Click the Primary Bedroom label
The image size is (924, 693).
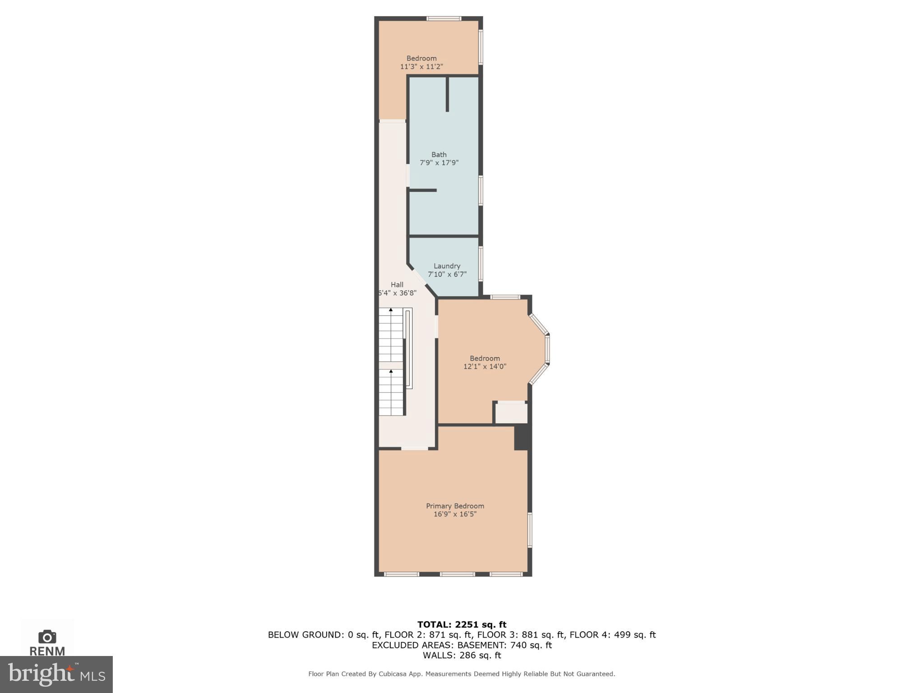(455, 506)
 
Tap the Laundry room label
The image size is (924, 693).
(447, 266)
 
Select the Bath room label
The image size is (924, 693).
(439, 154)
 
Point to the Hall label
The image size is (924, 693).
(397, 284)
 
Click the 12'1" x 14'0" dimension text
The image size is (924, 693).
(485, 366)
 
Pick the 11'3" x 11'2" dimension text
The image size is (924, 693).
(421, 66)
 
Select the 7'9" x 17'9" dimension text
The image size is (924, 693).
(439, 162)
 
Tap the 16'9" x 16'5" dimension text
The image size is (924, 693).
(455, 514)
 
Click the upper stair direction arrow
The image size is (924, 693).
(391, 310)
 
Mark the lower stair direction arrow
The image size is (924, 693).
(391, 371)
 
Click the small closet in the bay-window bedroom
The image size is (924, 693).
(511, 413)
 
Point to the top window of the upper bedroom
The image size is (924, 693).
(444, 18)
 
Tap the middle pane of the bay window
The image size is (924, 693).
(547, 349)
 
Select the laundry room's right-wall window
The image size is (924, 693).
(480, 263)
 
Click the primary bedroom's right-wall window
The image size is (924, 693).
(530, 530)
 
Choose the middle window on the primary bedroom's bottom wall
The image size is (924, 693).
(457, 574)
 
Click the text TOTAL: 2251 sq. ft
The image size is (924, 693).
(462, 624)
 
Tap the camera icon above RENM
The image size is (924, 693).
(47, 637)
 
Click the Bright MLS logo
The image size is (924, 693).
(56, 674)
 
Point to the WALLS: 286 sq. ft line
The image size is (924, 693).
(462, 655)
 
